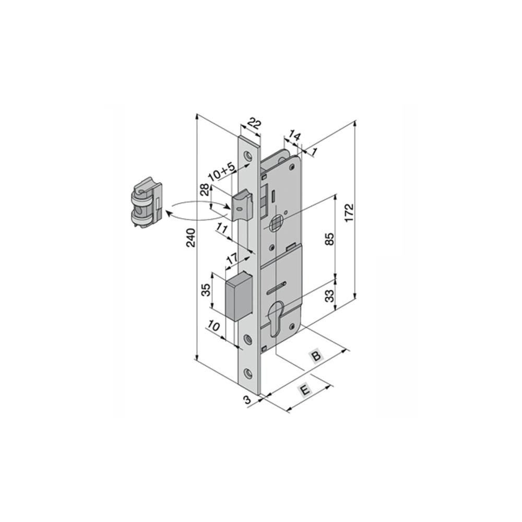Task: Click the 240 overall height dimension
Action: point(191,238)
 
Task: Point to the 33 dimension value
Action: point(329,295)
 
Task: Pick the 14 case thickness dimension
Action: point(294,136)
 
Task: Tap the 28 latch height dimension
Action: point(205,189)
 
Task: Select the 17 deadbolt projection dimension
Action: point(232,259)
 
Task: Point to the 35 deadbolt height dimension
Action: point(206,290)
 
